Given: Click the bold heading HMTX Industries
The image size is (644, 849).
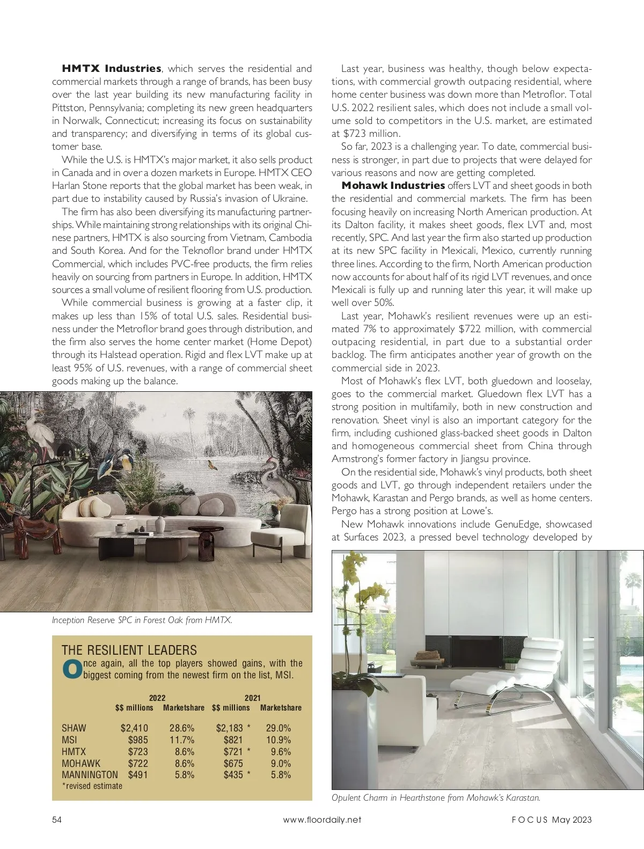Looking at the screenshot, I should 112,69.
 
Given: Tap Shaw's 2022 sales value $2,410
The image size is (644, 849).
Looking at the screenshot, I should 134,728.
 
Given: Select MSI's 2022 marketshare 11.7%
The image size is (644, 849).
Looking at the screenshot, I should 182,740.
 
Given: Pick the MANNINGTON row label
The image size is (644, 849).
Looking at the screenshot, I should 90,775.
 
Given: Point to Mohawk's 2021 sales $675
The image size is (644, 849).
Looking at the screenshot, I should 233,763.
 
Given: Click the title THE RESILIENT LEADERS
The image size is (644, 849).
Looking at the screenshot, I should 129,650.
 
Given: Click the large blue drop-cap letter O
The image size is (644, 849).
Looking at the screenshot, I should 71,670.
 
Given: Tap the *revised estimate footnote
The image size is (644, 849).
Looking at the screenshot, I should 92,786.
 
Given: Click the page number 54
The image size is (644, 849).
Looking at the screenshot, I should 57,819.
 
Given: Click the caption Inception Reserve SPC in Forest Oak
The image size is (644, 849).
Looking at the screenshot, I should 142,620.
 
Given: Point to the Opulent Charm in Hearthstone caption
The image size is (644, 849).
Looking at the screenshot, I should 436,797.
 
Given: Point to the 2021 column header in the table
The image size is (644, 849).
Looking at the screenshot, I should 252,698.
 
